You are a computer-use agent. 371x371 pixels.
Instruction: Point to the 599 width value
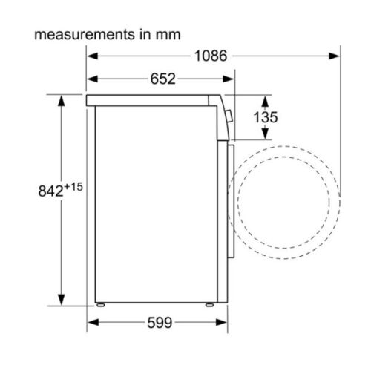(x=158, y=323)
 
